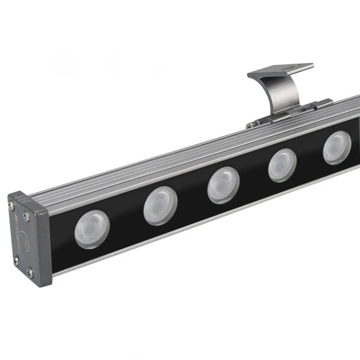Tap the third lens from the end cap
coord(223,183)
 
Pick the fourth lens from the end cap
coord(283,164)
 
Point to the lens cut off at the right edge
coord(337,148)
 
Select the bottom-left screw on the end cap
coord(28,272)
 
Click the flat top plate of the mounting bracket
coord(281,70)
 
